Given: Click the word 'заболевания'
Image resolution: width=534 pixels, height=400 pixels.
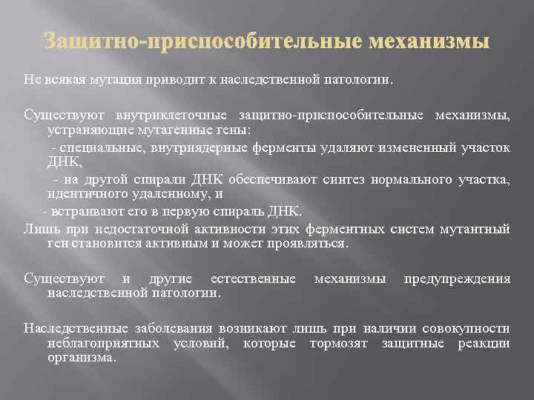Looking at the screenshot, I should [x=165, y=328].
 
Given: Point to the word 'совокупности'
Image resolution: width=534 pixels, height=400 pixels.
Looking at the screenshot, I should [x=466, y=328].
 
